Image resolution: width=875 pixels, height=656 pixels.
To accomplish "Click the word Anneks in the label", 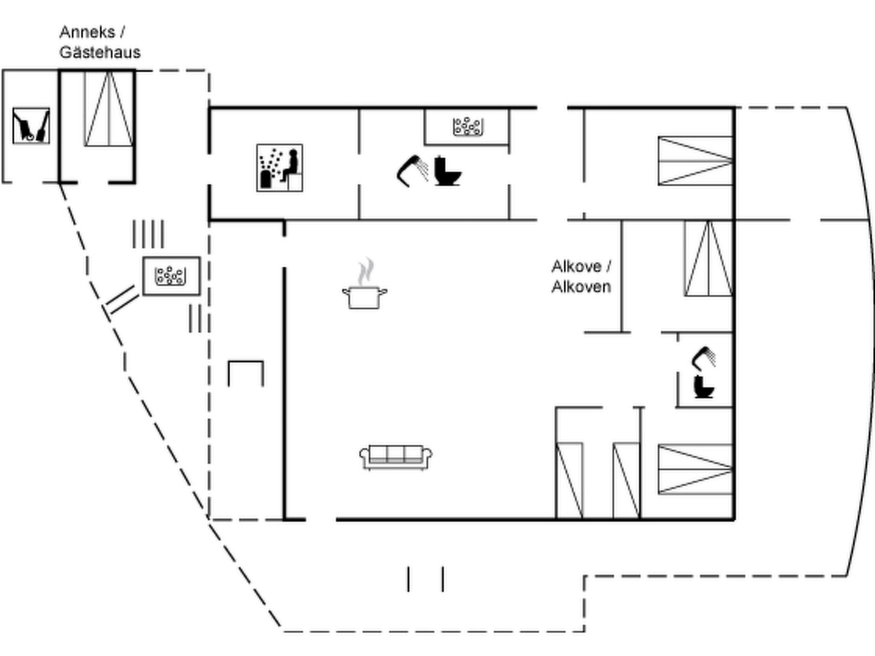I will point(87,32).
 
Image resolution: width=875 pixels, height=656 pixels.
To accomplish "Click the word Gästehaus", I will point(100,53).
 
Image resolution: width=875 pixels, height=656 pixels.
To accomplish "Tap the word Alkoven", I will point(581,287).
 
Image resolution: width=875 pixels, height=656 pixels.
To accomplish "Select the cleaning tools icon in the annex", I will point(31,126).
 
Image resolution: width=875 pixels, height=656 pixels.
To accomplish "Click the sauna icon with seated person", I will point(280,168).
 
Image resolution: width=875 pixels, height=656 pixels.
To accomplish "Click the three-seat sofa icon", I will point(396,457).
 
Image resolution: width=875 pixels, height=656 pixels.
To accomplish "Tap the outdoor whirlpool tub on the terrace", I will point(171,276).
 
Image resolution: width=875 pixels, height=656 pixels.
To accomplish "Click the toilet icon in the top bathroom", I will point(447,171).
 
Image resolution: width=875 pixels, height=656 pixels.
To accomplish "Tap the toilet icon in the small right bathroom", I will point(703,387).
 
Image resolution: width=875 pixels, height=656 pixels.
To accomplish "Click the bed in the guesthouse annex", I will point(109,109).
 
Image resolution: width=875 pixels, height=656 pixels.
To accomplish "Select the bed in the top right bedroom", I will point(695,161).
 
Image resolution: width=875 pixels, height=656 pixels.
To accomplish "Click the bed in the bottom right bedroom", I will point(695,469).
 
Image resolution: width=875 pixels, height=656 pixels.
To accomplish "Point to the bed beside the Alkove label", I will point(708,258).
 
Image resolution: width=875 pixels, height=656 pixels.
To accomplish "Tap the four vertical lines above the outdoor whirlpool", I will point(148,234).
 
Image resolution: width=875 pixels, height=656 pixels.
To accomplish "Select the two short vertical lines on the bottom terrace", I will point(426,579).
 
